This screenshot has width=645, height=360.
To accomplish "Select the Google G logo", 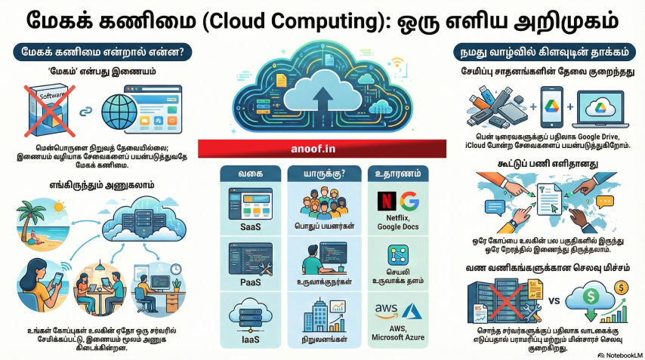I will pos(409,201).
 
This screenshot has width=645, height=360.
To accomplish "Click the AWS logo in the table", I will pos(384,309).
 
